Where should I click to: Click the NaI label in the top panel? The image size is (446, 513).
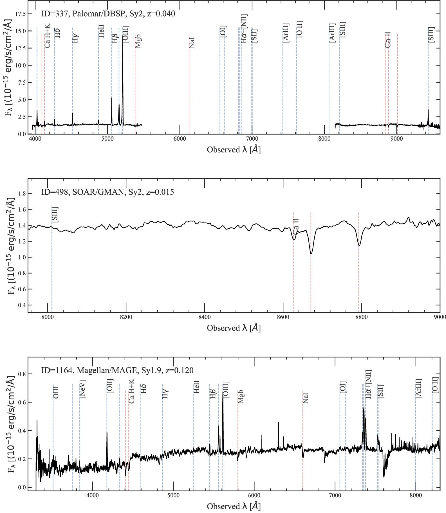192,42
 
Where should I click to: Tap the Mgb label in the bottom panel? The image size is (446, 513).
241,397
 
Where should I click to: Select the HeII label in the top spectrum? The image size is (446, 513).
101,31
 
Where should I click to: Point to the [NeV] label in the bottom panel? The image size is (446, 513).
83,389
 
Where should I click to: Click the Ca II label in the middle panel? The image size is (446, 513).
296,227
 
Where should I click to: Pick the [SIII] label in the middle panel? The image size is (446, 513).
55,214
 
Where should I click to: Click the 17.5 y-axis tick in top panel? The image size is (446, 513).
20,14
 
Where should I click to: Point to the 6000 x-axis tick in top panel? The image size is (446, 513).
180,138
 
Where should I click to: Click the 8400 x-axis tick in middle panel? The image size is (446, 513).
204,317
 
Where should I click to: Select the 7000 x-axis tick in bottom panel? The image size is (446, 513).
335,495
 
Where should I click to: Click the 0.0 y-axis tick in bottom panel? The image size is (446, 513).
22,487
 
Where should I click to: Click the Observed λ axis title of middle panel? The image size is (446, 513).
234,328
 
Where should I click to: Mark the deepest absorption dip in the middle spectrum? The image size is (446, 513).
311,253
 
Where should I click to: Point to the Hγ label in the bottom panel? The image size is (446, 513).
165,394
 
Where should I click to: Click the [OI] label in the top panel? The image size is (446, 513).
223,31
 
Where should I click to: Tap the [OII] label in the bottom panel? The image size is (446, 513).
110,386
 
